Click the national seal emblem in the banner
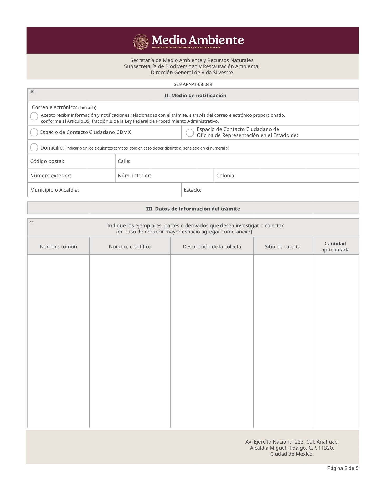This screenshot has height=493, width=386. click(x=141, y=42)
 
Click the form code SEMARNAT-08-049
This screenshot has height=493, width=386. click(x=193, y=84)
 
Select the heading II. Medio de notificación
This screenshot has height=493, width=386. click(x=195, y=96)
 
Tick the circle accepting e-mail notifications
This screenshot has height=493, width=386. click(x=34, y=116)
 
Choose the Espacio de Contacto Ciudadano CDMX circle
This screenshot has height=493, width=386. click(x=34, y=132)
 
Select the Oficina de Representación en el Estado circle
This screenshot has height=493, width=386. click(x=190, y=133)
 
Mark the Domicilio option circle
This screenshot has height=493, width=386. click(x=34, y=147)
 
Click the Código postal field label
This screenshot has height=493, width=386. click(x=47, y=161)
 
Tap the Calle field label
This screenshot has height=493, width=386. click(x=124, y=161)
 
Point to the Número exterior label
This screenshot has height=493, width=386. click(x=51, y=176)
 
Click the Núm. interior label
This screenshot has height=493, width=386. click(x=134, y=176)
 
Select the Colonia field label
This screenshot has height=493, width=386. click(x=226, y=176)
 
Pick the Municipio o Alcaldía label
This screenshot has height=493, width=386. click(x=54, y=190)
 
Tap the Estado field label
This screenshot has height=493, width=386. click(x=193, y=190)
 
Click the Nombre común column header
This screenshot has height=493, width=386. click(x=58, y=247)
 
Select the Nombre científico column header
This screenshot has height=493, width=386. click(x=130, y=247)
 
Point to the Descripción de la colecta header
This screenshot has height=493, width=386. click(x=212, y=247)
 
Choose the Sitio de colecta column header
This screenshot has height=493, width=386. click(x=283, y=247)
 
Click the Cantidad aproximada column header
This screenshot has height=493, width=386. click(x=335, y=247)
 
